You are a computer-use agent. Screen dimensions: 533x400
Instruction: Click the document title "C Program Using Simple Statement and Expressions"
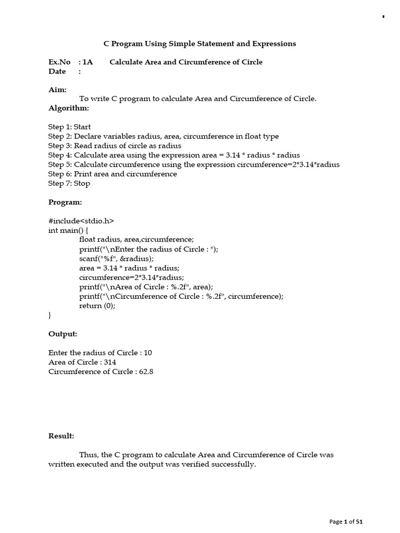(x=200, y=44)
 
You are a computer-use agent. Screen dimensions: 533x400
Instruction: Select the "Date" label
(x=57, y=71)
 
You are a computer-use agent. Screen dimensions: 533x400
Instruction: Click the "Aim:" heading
(x=57, y=90)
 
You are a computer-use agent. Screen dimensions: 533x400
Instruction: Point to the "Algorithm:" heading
(x=69, y=108)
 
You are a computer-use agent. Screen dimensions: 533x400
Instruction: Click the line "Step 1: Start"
(x=69, y=126)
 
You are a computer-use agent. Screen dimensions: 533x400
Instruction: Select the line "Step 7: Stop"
(x=69, y=183)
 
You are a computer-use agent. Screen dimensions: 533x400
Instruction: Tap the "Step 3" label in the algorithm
(x=60, y=146)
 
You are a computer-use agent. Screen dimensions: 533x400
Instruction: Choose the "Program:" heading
(x=65, y=202)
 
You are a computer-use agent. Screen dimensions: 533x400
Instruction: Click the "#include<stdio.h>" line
(x=81, y=221)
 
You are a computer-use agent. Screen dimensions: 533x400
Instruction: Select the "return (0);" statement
(x=97, y=306)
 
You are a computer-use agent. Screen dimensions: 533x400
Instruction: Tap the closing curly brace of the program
(x=50, y=315)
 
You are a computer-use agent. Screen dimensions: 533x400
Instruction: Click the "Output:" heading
(x=63, y=334)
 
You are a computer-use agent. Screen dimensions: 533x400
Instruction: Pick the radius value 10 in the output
(x=147, y=352)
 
